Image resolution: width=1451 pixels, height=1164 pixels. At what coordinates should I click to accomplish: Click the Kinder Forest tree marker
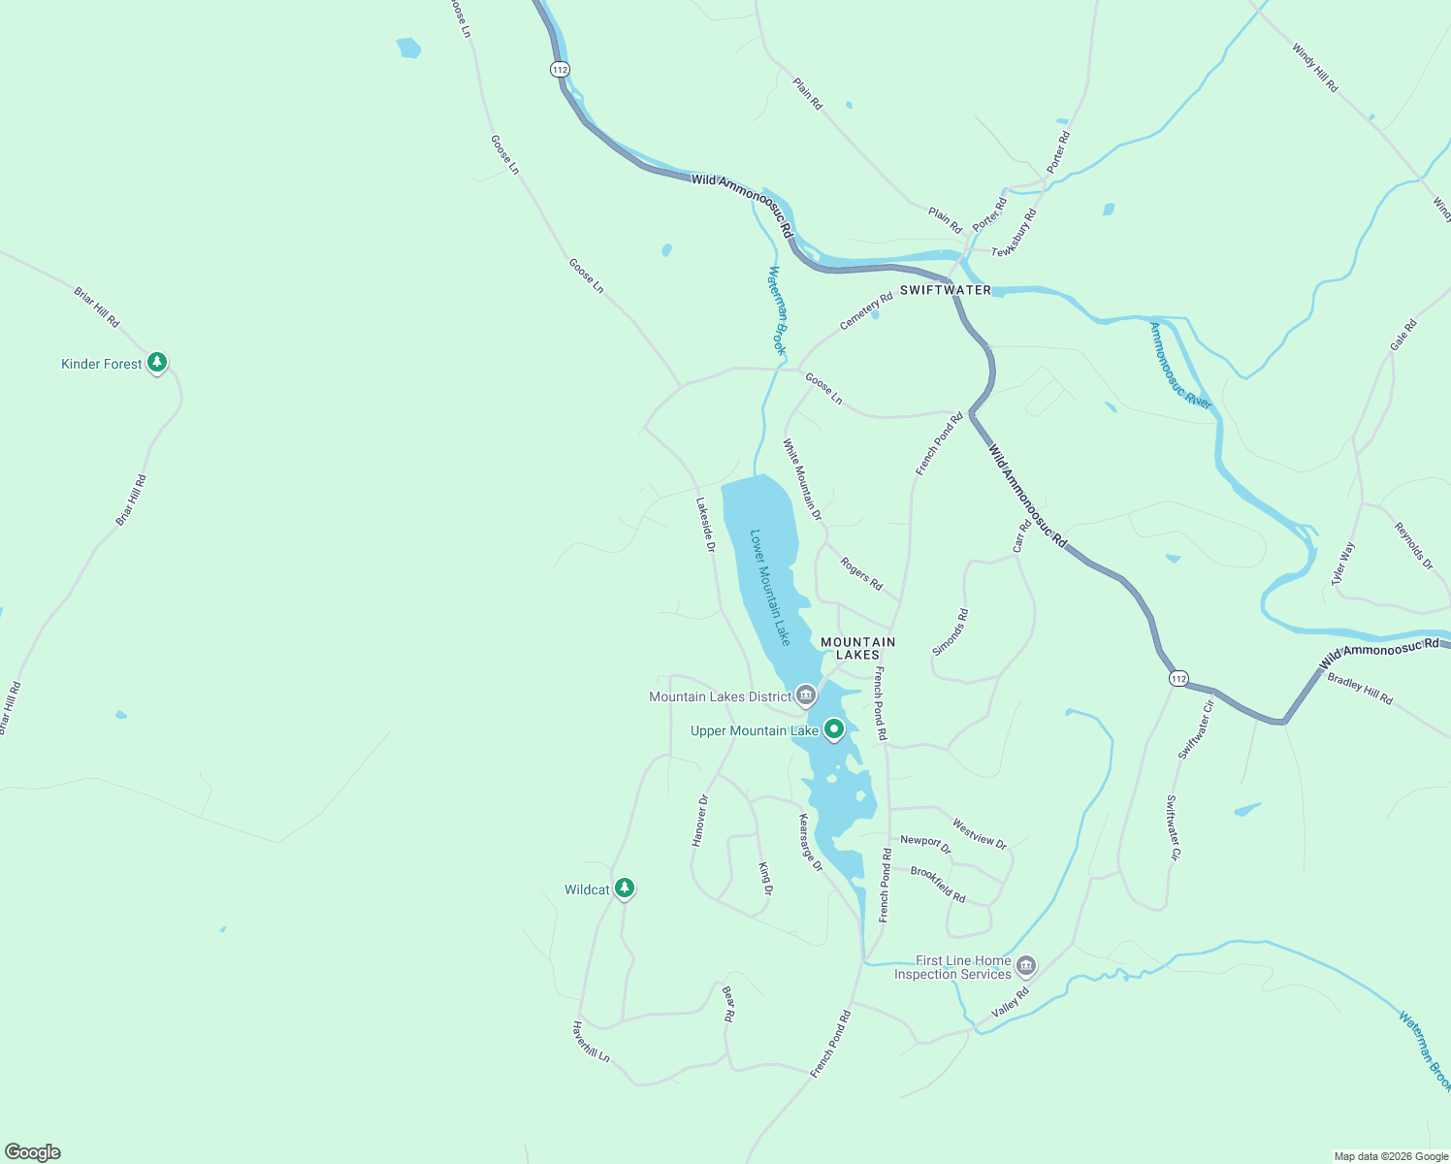click(x=157, y=363)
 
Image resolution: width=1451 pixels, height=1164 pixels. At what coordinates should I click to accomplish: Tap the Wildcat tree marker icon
click(x=625, y=888)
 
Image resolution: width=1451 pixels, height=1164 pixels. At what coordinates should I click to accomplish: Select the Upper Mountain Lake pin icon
click(x=833, y=729)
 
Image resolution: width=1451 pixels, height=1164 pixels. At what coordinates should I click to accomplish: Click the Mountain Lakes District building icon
click(x=805, y=695)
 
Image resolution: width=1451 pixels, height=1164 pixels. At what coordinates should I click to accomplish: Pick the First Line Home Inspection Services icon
click(x=1026, y=966)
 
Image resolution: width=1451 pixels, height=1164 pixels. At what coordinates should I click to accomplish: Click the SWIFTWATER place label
click(x=946, y=290)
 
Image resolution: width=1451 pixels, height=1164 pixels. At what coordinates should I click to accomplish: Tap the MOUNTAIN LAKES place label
click(x=858, y=648)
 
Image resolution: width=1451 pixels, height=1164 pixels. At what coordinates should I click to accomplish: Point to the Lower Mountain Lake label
click(x=770, y=587)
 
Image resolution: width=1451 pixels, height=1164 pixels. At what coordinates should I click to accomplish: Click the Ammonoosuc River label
click(x=1179, y=366)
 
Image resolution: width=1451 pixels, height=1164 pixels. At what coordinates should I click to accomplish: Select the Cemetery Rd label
click(x=866, y=311)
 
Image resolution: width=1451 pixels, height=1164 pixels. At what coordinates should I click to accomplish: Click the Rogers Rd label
click(x=861, y=573)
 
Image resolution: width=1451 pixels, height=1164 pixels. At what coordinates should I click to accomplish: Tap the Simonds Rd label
click(x=951, y=632)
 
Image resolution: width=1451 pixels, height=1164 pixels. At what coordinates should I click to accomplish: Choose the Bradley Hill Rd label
click(x=1360, y=689)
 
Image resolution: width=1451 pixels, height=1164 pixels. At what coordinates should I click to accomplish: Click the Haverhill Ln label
click(x=591, y=1041)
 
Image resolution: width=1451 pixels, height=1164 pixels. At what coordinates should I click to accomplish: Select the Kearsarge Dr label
click(x=810, y=842)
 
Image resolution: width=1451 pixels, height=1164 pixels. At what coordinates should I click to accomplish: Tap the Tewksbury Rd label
click(x=1015, y=233)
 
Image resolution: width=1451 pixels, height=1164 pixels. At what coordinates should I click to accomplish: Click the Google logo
click(x=33, y=1152)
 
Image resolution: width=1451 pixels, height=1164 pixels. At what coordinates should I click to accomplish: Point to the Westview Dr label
click(x=980, y=834)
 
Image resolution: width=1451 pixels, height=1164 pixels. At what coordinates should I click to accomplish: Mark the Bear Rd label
click(x=728, y=1004)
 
